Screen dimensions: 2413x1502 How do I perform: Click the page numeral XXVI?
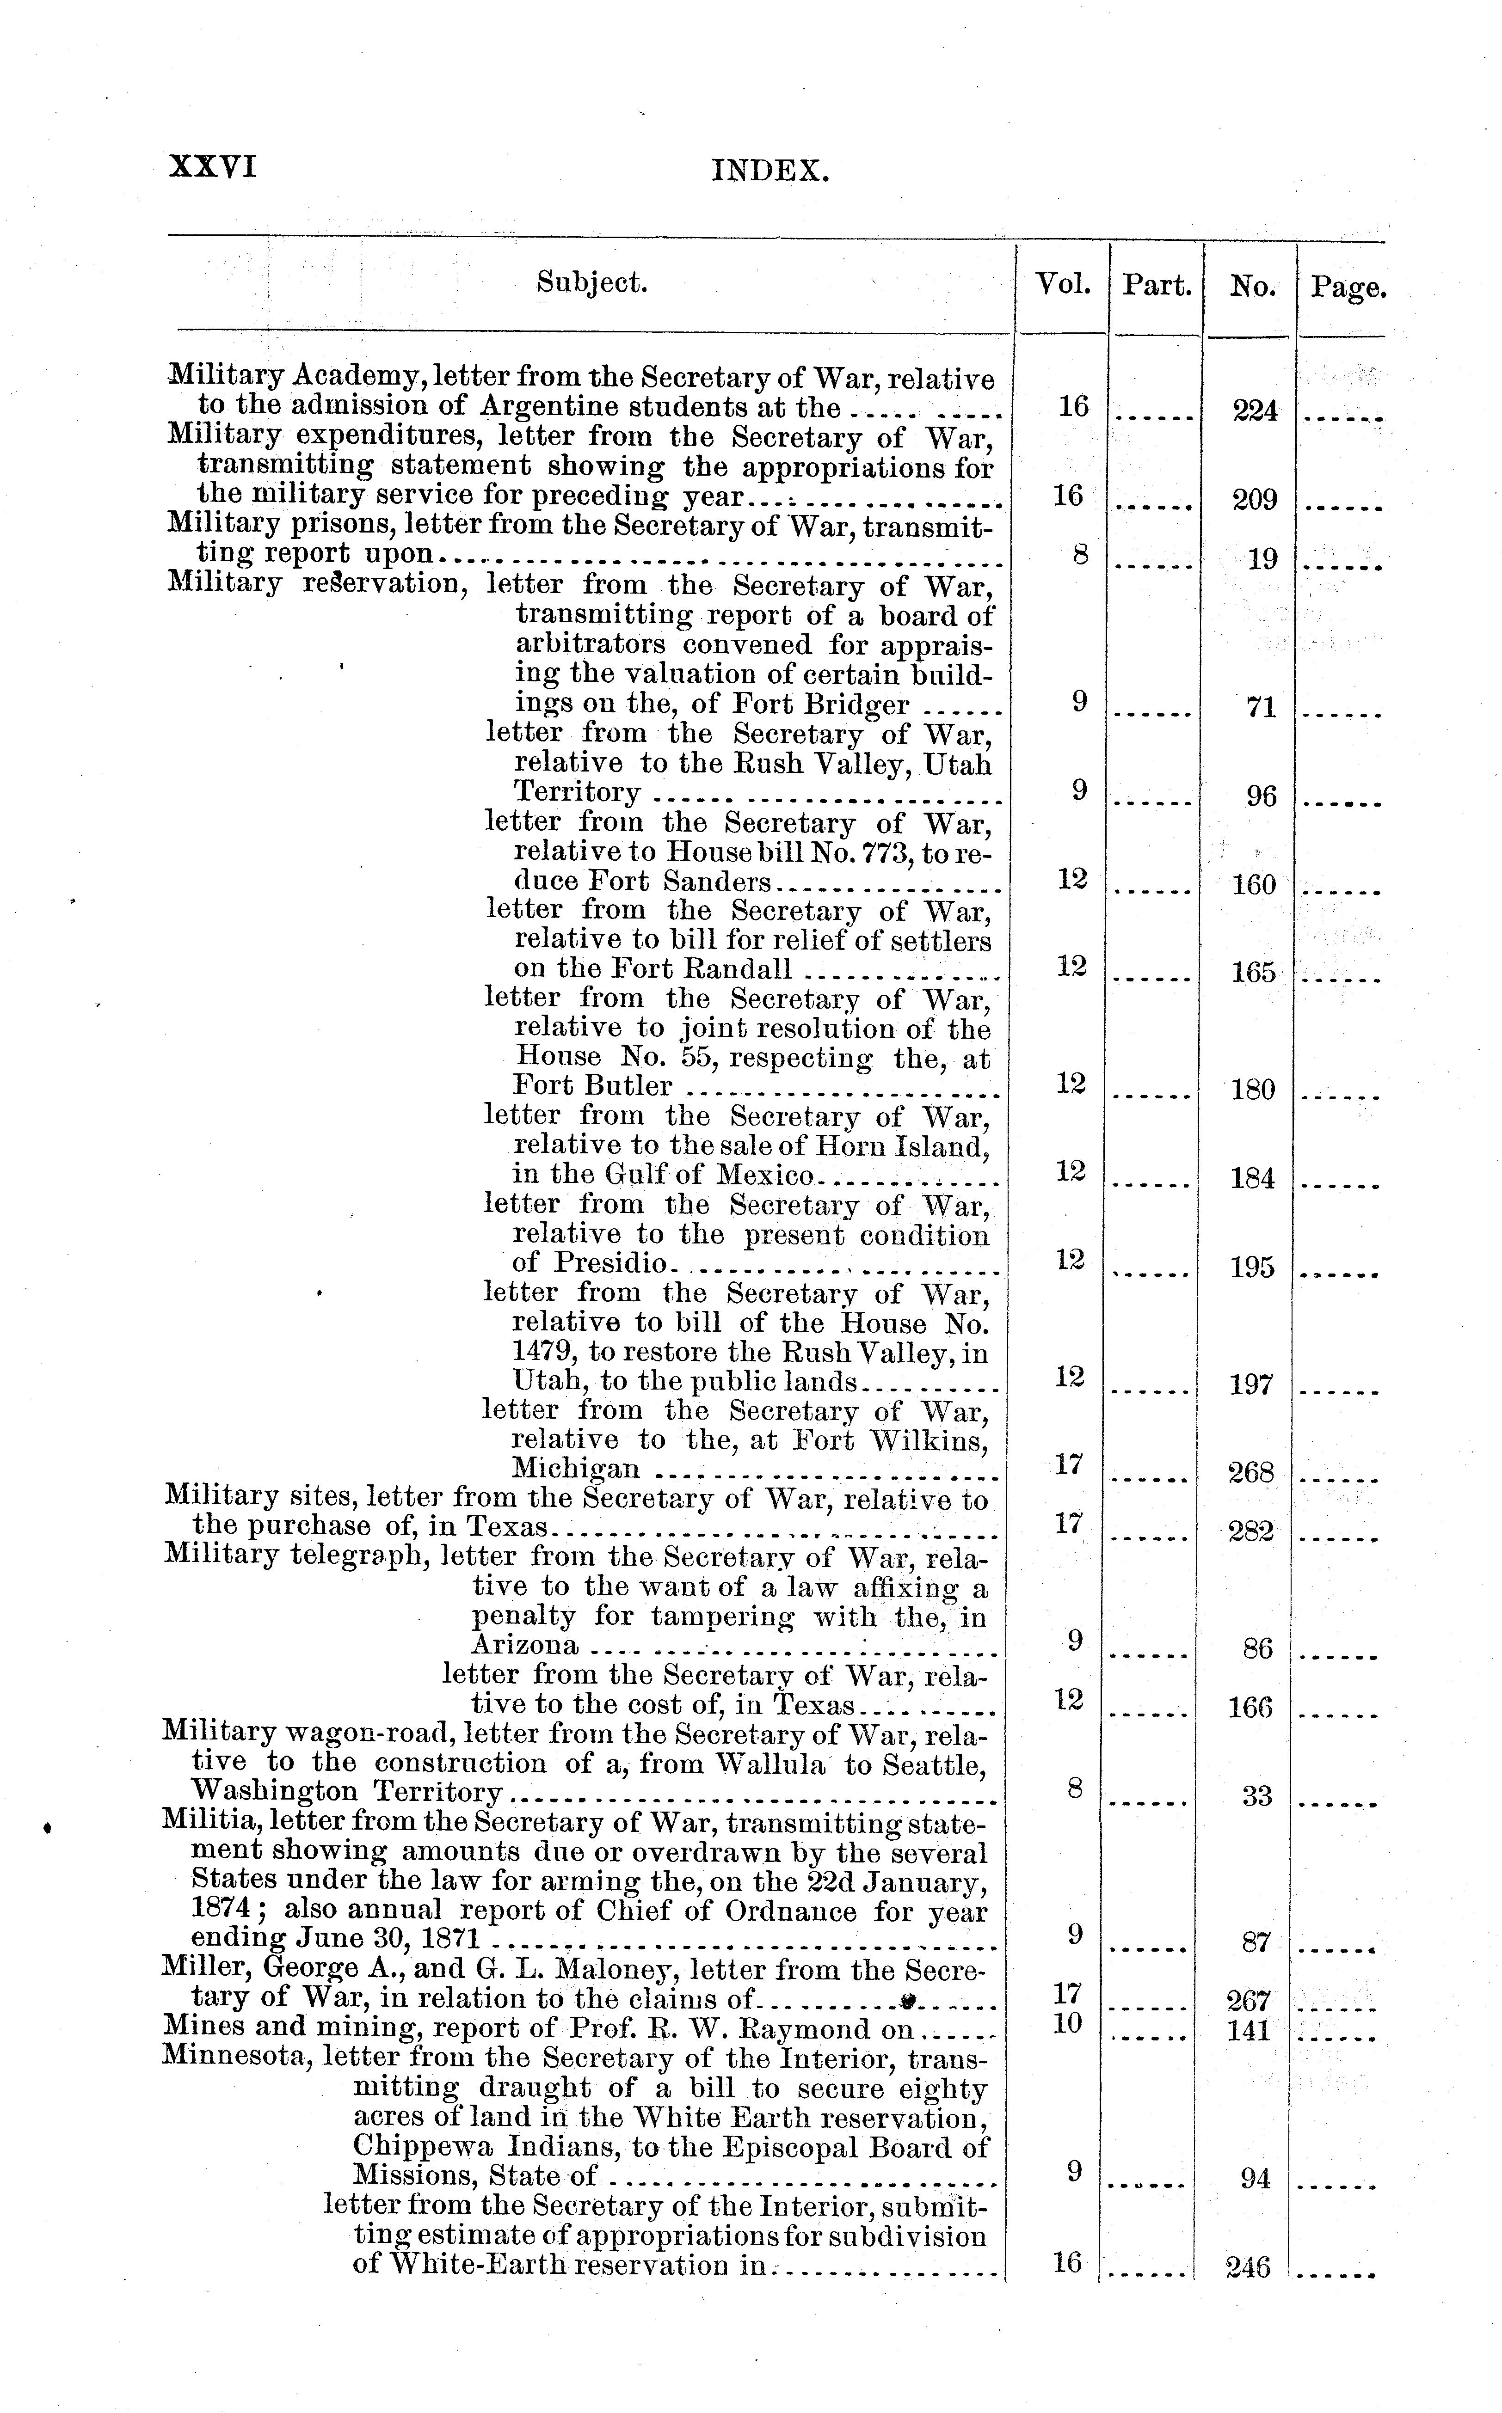tap(213, 166)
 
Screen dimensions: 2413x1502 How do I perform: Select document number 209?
tap(1255, 500)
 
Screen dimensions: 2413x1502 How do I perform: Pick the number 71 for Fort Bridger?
tap(1261, 708)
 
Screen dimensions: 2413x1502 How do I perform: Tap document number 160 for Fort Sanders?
tap(1254, 885)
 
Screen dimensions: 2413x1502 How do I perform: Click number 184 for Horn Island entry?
tap(1253, 1179)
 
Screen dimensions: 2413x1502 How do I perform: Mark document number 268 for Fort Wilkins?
tap(1252, 1473)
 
